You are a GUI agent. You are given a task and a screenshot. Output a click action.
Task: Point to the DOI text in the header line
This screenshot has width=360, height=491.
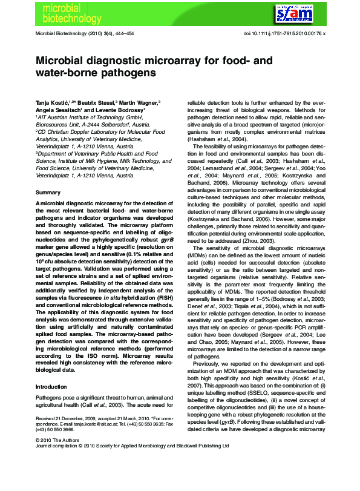[284, 34]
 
